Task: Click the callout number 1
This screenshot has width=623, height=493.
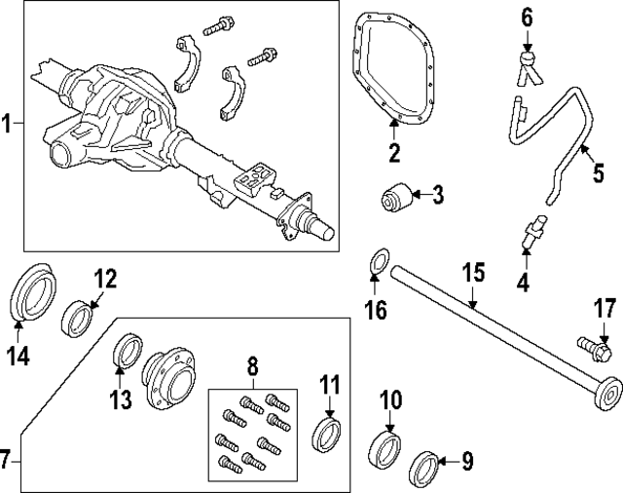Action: click(8, 124)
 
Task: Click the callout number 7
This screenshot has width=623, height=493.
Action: click(7, 457)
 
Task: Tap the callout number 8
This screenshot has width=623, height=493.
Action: click(252, 368)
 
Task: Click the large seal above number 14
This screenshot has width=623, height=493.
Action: click(35, 290)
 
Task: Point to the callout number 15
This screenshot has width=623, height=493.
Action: click(472, 272)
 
